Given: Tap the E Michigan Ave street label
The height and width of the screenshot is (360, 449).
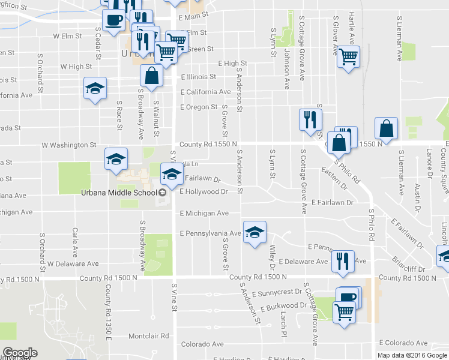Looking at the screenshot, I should pos(205,213).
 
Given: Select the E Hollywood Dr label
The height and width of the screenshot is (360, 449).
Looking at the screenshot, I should pos(204,192).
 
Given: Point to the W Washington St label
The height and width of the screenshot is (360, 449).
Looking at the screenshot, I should pos(68,145).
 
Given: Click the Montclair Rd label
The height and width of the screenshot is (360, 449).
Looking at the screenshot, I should pos(146,335).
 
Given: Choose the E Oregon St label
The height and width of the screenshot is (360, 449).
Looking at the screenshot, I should pos(199,107).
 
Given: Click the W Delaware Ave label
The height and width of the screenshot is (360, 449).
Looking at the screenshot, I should pos(73,263).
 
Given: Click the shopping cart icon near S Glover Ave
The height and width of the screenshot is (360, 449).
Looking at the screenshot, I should pos(348,58).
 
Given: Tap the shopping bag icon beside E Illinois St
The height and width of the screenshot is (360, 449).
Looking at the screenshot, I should pos(151,76).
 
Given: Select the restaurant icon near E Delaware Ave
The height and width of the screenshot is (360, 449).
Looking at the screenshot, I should pos(342,262).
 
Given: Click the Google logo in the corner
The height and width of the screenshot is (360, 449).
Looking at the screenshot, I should pos(20,353).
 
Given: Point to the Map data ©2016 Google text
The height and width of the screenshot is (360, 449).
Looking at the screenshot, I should pos(412,355).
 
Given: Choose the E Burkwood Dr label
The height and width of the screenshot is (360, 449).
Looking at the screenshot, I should pos(283,306).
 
